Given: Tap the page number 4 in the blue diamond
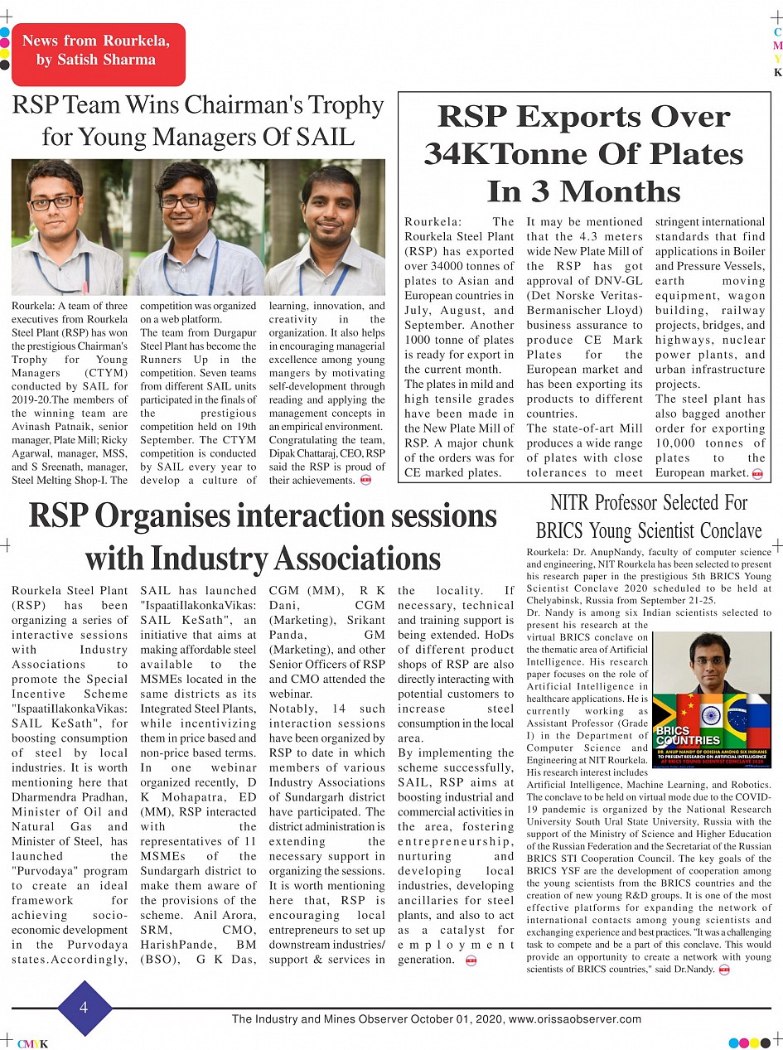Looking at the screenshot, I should [84, 1008].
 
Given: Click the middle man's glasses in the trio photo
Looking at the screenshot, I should [182, 201].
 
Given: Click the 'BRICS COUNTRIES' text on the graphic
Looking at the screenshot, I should [688, 735].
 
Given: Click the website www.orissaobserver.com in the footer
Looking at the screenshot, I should [574, 1019].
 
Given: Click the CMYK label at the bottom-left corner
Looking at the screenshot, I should [32, 1043].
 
